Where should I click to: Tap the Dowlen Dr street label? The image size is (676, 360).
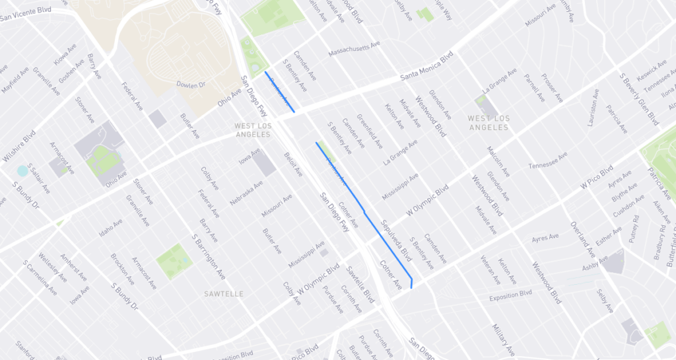tap(191, 85)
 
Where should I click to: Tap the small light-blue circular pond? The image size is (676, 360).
tap(23, 170)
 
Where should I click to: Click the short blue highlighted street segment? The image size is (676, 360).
tap(279, 92)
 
